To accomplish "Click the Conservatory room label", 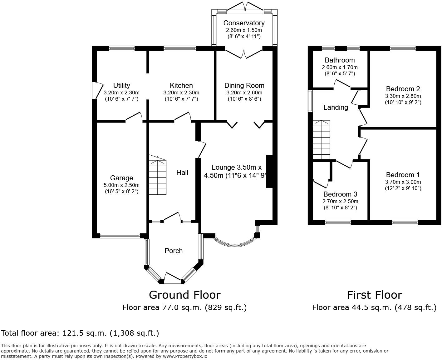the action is tap(244, 23).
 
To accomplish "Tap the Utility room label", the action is tap(122, 85).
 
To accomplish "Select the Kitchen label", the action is tap(181, 85).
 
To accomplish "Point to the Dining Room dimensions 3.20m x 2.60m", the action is tap(244, 92).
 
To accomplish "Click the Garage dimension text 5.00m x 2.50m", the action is tap(122, 185).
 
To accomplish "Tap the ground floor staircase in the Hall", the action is tap(158, 174).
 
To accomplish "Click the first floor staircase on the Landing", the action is tap(321, 140).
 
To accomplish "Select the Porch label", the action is tap(174, 251).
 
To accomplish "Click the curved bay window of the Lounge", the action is tap(235, 243).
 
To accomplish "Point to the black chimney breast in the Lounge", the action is tap(269, 172).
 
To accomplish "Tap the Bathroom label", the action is tap(340, 60).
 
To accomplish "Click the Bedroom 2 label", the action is tap(403, 89).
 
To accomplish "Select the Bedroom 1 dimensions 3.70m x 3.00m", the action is tap(403, 182).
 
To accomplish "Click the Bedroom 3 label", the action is tap(340, 194).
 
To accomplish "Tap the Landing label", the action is tap(336, 107).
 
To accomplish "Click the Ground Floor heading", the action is tap(185, 295).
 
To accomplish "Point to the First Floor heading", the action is tap(375, 295).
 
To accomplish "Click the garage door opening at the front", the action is tap(120, 236).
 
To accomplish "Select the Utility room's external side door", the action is tap(97, 91).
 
